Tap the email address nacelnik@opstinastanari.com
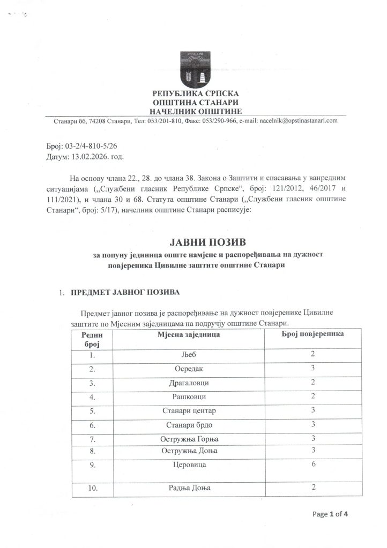(295, 121)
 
